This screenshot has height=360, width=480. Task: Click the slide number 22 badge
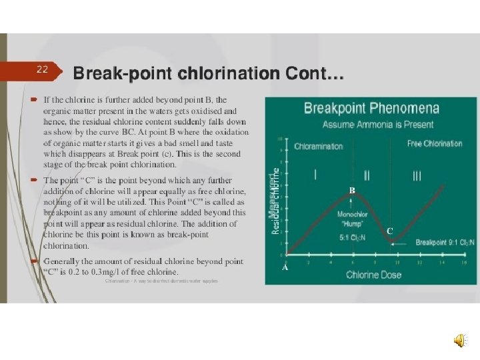click(x=43, y=69)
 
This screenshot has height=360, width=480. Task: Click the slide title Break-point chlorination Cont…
click(x=208, y=73)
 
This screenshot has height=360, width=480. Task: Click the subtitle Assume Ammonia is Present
click(x=378, y=124)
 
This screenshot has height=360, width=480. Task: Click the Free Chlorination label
click(x=435, y=143)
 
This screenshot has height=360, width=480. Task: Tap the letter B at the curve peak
click(x=351, y=191)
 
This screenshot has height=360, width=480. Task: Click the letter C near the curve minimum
click(x=390, y=231)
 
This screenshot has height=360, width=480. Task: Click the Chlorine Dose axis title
click(x=373, y=274)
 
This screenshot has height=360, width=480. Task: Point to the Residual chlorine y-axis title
click(x=275, y=200)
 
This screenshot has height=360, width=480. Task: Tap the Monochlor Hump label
click(x=352, y=219)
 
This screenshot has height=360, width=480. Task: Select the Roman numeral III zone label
click(x=417, y=176)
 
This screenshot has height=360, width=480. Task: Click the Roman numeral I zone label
click(x=315, y=175)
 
